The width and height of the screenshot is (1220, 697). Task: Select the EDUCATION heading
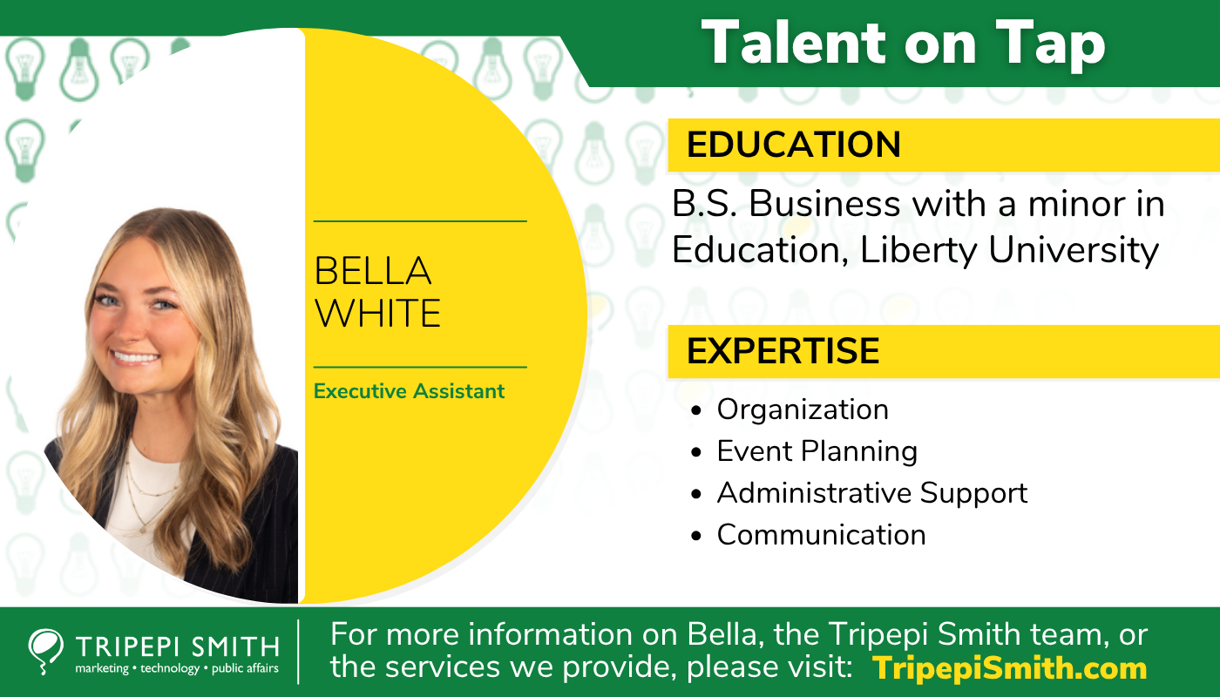coord(794,145)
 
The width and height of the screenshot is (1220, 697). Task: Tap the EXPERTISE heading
coord(783,350)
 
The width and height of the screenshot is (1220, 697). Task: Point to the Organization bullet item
coord(803,409)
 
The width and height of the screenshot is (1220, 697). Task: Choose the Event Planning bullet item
coord(817,451)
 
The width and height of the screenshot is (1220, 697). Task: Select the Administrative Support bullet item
coord(872,493)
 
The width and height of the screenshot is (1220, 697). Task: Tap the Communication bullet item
coord(821,535)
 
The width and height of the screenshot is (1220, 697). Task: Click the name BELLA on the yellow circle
coord(373,271)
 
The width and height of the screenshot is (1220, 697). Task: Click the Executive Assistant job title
coord(409,391)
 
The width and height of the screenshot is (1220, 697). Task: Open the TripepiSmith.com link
coord(1009,668)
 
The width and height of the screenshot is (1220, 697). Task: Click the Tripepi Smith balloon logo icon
coord(44,650)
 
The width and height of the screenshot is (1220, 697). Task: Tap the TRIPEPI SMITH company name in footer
coord(178,646)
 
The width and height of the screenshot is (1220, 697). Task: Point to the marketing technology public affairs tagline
coord(177,668)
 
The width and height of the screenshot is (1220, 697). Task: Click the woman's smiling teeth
coord(134,357)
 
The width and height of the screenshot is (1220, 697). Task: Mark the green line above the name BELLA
coord(420,221)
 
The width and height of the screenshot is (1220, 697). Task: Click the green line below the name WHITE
coord(420,367)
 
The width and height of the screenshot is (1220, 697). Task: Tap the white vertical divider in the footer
coord(298,652)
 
